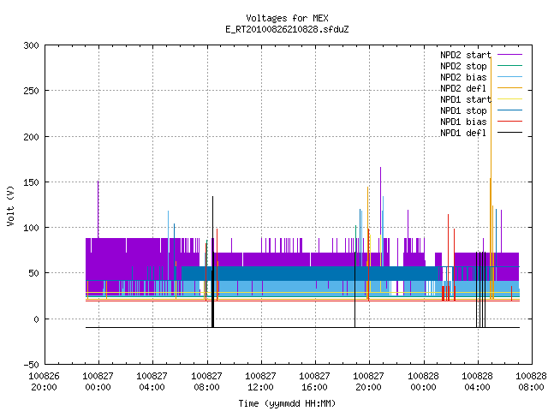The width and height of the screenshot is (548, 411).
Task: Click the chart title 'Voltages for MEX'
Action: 287,18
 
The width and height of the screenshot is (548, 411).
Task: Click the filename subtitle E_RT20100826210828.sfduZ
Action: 287,29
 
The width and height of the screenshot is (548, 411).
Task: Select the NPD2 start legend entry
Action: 481,55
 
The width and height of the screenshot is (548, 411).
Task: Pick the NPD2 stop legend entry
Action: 481,66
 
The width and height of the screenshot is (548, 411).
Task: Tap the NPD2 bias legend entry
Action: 481,77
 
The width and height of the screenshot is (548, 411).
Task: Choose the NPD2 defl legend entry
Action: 481,88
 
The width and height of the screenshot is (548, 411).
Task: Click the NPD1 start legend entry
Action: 481,99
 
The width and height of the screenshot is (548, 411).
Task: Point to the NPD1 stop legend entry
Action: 481,110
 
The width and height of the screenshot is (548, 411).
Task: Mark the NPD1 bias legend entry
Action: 481,122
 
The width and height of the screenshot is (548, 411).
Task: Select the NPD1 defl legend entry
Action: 481,134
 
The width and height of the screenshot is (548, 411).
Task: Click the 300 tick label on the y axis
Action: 31,45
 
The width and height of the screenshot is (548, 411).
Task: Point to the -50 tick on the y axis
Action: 31,365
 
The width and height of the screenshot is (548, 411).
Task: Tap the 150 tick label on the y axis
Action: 31,182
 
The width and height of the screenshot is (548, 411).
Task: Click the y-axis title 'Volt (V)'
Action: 10,206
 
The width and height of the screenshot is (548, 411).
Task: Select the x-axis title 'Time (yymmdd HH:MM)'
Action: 287,403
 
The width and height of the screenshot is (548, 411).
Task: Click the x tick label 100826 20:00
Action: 44,381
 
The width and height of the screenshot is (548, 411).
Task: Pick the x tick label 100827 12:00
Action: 260,381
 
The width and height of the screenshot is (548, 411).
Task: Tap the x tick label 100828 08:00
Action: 531,381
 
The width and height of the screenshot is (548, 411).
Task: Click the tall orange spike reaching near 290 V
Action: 491,177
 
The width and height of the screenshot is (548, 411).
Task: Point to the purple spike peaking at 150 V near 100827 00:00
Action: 98,210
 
